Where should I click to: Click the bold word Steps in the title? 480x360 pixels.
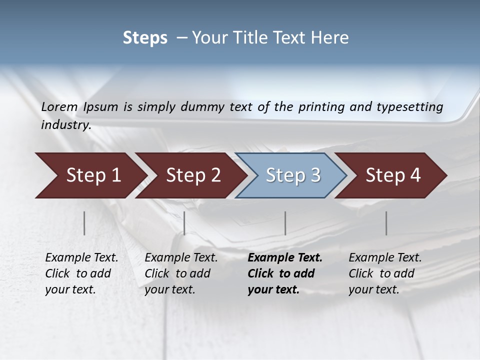tap(145, 38)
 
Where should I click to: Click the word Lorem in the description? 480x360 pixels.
tap(59, 106)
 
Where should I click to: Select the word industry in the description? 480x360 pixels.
tap(65, 125)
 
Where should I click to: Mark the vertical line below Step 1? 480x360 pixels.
tap(84, 223)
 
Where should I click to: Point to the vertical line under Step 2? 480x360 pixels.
tap(184, 223)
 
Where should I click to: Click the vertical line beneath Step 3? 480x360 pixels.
tap(285, 223)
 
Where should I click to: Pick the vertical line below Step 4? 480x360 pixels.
tap(386, 223)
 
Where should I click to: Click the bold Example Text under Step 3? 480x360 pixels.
tap(285, 258)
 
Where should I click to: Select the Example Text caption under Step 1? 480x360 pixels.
tap(81, 258)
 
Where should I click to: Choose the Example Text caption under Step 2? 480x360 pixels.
tap(181, 258)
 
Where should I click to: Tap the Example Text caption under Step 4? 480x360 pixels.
tap(385, 258)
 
